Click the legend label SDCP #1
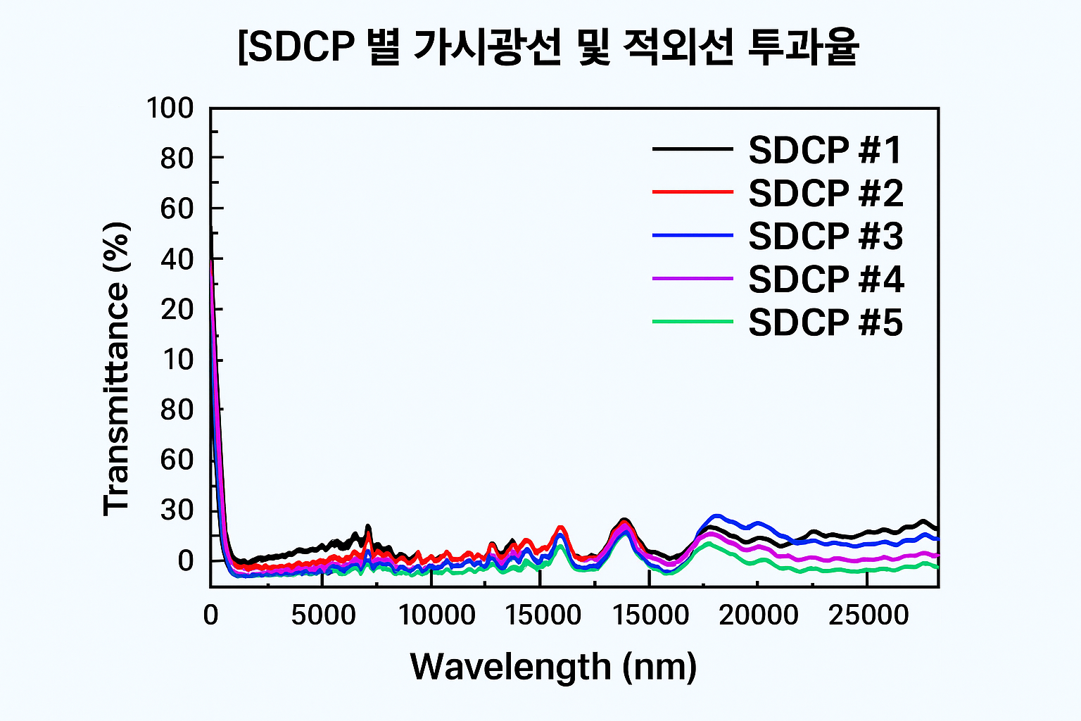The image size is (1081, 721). [825, 150]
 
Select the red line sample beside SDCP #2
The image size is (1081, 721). [693, 192]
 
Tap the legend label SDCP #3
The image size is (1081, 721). [825, 236]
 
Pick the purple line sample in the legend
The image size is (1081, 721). [693, 279]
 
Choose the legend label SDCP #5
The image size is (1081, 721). [825, 322]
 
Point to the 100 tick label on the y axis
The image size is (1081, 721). [170, 108]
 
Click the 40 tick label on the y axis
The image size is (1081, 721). [177, 259]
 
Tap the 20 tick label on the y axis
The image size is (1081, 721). [177, 309]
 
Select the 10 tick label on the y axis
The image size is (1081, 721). [177, 360]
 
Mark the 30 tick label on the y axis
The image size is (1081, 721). [177, 510]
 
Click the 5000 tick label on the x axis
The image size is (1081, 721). [324, 615]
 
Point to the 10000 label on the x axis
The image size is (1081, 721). [437, 615]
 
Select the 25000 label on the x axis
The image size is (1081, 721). [868, 615]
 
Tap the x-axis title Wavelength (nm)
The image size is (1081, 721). [553, 666]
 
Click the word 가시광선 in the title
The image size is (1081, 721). [487, 48]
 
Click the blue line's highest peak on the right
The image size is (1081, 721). [717, 516]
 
